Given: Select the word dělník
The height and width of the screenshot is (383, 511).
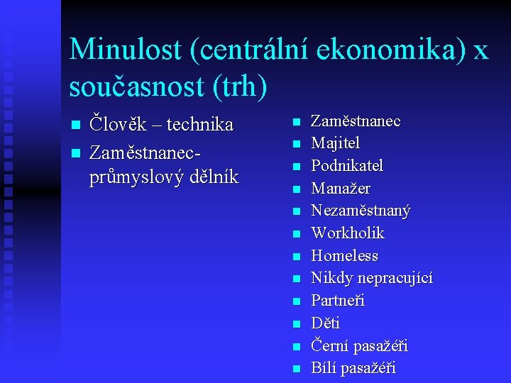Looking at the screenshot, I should coord(212,177).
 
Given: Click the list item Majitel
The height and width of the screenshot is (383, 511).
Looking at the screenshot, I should coord(335,143).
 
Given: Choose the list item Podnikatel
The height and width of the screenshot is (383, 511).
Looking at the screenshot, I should coord(347,166).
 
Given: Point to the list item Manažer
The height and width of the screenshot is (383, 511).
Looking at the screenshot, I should coord(341,189).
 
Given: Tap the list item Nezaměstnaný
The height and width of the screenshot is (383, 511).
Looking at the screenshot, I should coord(361,211).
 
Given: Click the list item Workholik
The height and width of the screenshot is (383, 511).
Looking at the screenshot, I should coord(348,233).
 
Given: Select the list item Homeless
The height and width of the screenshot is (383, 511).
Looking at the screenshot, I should coord(344,255).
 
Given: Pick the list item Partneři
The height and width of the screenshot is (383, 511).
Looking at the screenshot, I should coord(338,301).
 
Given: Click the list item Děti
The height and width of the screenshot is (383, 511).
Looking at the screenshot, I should coord(326,323).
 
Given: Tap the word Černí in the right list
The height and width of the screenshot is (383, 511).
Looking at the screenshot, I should coord(329,346).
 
